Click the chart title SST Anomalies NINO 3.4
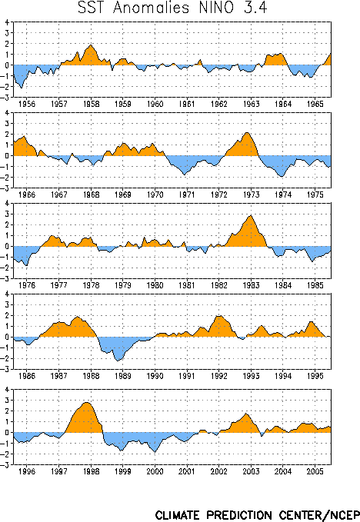pos(172,8)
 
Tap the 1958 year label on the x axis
pos(91,104)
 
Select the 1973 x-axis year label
pos(251,195)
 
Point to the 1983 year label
pos(251,285)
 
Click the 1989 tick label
pos(123,376)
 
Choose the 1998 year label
pos(91,471)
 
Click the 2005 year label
pos(315,471)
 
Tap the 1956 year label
pos(27,104)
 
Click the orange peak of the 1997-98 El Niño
pos(87,403)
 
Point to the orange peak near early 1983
pos(251,216)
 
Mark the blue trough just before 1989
pos(118,361)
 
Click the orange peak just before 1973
pos(247,133)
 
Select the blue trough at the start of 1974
pos(282,177)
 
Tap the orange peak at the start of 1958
pos(91,45)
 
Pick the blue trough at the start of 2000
pos(155,452)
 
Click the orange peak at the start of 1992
pos(219,316)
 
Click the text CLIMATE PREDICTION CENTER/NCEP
pos(257,515)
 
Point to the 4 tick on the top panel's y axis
pos(7,22)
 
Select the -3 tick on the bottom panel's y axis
pos(5,465)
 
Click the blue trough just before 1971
pos(185,175)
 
